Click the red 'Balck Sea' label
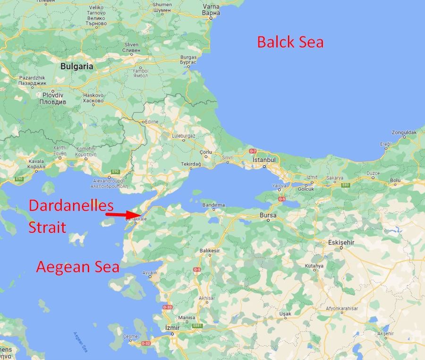tap(290, 42)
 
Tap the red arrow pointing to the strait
tap(123, 215)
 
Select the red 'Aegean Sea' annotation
tap(77, 267)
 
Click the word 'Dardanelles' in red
tap(71, 206)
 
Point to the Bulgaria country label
tap(76, 67)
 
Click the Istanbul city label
tap(264, 160)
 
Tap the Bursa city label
tap(268, 215)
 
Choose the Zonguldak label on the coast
tap(404, 132)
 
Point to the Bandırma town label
tap(213, 205)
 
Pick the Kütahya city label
tap(314, 266)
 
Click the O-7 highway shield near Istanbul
tap(253, 151)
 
